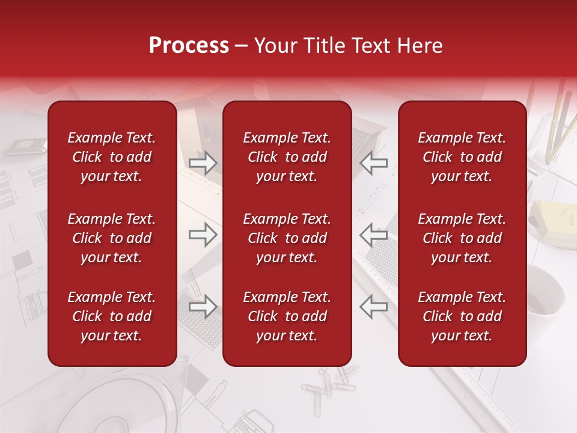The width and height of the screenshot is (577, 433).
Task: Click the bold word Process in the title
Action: [189, 46]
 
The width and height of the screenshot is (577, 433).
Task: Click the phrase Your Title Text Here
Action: [349, 46]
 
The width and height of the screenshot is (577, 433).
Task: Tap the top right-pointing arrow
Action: [203, 163]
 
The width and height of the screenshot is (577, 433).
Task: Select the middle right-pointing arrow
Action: [203, 235]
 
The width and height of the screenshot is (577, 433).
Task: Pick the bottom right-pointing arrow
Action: [203, 307]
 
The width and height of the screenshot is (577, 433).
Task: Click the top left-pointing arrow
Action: [374, 163]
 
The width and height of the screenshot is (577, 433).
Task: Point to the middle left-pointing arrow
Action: [374, 235]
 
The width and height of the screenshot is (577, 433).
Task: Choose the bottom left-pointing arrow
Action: [374, 307]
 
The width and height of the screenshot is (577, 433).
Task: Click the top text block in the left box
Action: [112, 157]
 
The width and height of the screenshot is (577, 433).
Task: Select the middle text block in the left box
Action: [112, 238]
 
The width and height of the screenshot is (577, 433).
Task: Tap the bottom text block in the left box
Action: [112, 316]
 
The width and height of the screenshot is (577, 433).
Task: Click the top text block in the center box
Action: [287, 157]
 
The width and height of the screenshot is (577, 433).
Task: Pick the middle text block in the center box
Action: [287, 238]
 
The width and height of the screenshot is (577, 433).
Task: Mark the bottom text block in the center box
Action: [287, 316]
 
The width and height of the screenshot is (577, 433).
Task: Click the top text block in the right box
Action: [462, 157]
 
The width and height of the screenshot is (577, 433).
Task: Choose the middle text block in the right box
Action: [462, 238]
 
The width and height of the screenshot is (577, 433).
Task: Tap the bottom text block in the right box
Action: [462, 316]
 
